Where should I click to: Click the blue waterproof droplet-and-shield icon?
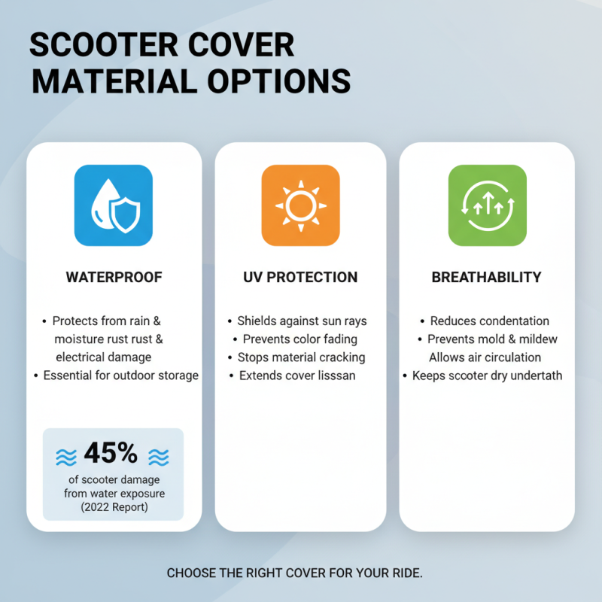click(114, 204)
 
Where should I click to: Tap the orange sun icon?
click(301, 204)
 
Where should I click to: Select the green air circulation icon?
click(487, 204)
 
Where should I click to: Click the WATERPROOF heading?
click(114, 277)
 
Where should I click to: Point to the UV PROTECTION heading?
click(301, 277)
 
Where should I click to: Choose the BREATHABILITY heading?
click(486, 277)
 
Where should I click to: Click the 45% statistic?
click(111, 453)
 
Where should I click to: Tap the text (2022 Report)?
click(113, 507)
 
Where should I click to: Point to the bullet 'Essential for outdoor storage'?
click(120, 375)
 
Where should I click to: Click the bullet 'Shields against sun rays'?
click(302, 321)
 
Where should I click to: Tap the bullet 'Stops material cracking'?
click(301, 357)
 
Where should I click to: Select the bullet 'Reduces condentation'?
click(489, 321)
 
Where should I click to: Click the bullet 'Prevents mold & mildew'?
click(492, 339)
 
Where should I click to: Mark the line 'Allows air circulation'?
click(485, 357)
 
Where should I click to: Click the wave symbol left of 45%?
click(66, 456)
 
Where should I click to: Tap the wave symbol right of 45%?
click(158, 456)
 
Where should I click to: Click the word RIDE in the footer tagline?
click(406, 573)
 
